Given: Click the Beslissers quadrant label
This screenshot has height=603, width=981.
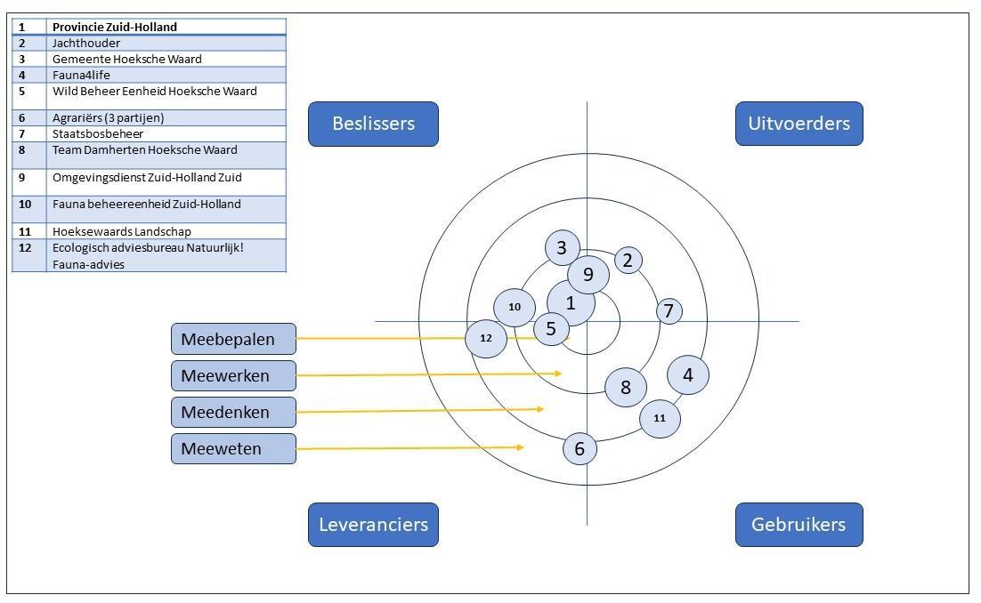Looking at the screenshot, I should [373, 124].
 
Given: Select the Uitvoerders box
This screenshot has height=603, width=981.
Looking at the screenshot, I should [799, 124].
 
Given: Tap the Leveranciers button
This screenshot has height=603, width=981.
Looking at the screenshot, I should [373, 525].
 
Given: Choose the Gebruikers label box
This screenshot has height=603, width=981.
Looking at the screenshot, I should [799, 525].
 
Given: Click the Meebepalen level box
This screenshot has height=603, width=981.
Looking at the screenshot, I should [233, 339].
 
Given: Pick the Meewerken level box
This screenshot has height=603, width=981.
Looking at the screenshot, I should [233, 376].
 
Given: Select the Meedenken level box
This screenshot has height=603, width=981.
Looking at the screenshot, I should [233, 413].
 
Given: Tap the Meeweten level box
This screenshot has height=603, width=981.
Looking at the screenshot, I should [233, 449].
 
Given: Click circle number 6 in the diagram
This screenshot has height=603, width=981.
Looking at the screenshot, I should [580, 449].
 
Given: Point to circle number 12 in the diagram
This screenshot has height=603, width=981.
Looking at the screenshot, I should [486, 338].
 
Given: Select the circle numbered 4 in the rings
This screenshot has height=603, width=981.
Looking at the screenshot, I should [688, 374].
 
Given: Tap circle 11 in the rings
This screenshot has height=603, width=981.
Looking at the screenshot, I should [660, 418].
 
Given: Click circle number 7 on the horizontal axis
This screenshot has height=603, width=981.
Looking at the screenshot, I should [669, 311].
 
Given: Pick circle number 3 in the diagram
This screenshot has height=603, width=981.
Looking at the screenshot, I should [562, 248].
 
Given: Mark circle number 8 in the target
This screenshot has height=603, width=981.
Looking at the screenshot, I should [626, 387].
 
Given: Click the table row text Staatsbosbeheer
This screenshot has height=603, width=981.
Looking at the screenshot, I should [98, 134].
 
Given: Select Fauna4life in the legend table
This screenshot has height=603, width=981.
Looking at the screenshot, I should [81, 76].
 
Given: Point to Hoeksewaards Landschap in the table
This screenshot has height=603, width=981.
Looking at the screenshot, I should [121, 232].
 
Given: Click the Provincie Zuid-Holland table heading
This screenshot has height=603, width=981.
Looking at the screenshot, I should [114, 27].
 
